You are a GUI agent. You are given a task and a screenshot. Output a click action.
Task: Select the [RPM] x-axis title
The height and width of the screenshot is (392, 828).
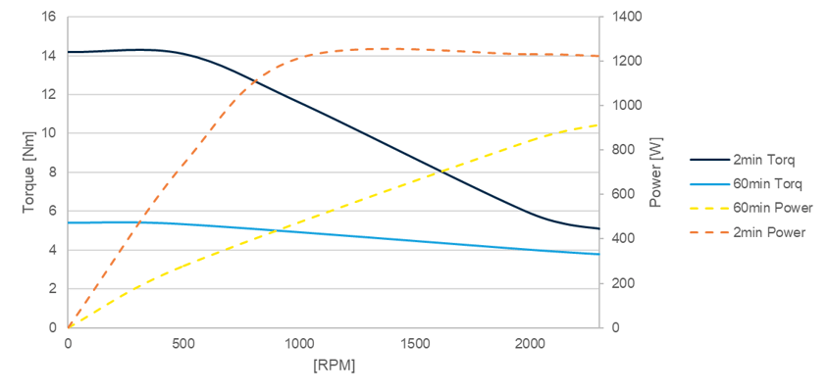tap(334, 366)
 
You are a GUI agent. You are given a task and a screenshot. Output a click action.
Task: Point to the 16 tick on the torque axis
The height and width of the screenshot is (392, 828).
tap(48, 18)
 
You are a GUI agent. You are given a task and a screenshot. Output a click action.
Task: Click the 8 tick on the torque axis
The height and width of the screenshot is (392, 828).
tap(52, 172)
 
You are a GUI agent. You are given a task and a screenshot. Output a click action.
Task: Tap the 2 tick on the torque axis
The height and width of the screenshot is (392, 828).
tap(52, 289)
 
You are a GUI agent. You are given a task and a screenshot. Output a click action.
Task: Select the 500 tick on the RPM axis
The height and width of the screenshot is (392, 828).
tap(183, 343)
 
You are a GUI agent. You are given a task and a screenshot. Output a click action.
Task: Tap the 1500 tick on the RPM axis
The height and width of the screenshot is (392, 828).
tap(414, 343)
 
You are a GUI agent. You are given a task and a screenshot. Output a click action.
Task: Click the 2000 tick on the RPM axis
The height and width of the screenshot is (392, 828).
tap(530, 343)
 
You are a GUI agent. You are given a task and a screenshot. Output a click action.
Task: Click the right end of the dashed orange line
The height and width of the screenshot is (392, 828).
tap(598, 56)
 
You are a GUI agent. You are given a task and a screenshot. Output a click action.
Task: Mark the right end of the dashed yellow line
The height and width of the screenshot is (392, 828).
tap(598, 124)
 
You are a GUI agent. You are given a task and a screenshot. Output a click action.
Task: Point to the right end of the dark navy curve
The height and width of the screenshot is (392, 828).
tap(598, 228)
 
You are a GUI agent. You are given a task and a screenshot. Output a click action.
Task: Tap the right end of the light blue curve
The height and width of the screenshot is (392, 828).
tap(598, 254)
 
